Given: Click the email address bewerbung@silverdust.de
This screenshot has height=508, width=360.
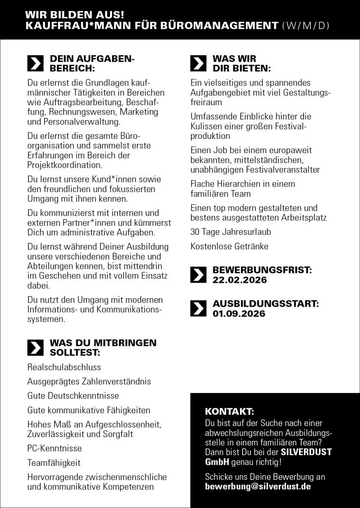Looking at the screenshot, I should (258, 487).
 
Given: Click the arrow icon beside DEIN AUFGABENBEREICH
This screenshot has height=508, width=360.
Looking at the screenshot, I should (35, 63).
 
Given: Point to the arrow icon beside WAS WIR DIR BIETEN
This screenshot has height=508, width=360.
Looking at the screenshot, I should (198, 63).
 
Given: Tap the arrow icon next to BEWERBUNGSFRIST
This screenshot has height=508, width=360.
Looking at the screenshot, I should (198, 275).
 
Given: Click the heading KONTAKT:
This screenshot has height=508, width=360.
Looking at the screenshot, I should (229, 412).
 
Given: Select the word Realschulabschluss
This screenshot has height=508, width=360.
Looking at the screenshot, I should (64, 367).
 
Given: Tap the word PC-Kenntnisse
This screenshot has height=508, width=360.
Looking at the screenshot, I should (55, 448).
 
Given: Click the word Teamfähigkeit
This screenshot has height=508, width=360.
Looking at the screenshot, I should (54, 463).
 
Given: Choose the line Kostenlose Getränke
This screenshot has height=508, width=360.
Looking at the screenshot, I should (229, 246).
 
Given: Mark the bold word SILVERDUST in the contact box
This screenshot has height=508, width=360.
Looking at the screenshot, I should (306, 452).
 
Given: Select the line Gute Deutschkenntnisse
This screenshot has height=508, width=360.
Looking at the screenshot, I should (73, 396).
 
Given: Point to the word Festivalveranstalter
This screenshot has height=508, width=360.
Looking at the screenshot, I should (280, 170).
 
